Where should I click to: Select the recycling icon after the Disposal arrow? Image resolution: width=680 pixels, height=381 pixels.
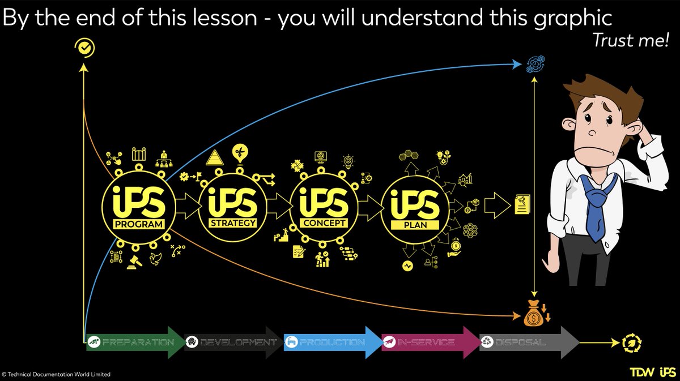(631, 342)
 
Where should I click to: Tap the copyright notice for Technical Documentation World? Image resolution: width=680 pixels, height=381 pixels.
(57, 374)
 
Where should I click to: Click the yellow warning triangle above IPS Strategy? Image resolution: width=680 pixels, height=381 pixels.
(216, 158)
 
